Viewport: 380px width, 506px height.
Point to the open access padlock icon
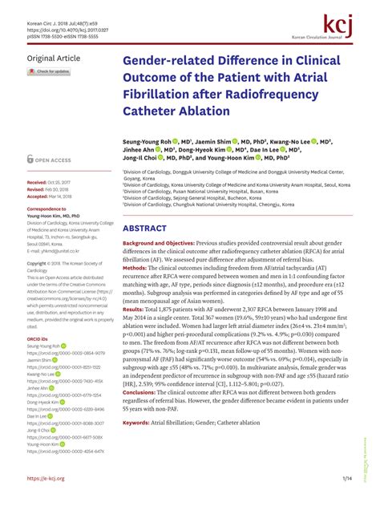[x=30, y=160]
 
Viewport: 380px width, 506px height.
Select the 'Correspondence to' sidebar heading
[x=46, y=208]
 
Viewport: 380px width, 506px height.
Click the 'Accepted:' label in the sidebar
[x=38, y=195]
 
